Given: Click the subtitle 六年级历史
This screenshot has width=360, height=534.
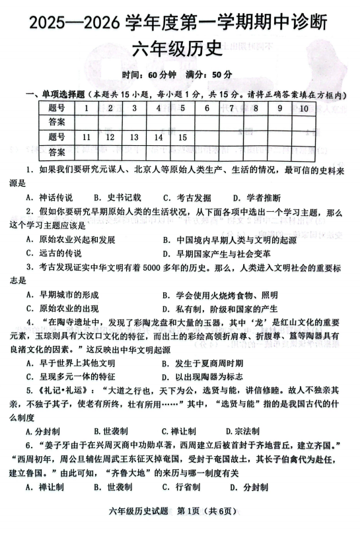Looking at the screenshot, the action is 180,49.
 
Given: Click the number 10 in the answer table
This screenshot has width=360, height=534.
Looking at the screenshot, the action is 303,108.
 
